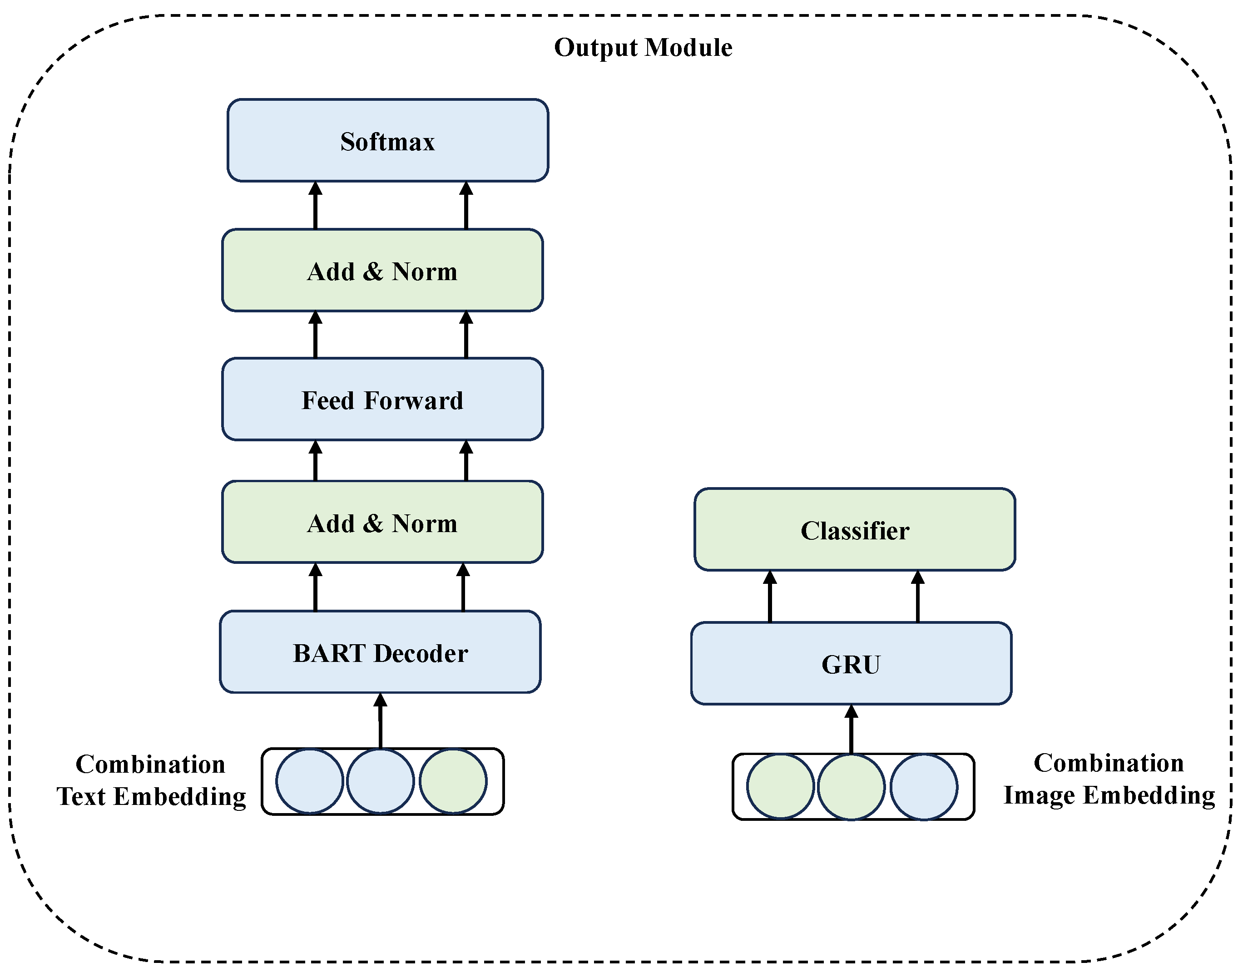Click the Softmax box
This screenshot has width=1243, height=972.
click(x=387, y=141)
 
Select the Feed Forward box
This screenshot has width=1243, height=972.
click(x=382, y=400)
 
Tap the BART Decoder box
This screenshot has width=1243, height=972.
click(x=380, y=652)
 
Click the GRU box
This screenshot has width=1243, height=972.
click(x=851, y=664)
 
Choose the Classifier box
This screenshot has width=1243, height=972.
click(x=854, y=530)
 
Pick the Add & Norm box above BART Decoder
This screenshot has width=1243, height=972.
click(x=382, y=523)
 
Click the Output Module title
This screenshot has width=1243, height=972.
click(x=643, y=47)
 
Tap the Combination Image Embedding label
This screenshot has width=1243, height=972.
click(x=1109, y=779)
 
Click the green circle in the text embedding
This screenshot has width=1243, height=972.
click(x=453, y=781)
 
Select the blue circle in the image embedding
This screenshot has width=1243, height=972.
click(x=924, y=787)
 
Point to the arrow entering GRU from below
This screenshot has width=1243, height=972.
click(x=851, y=730)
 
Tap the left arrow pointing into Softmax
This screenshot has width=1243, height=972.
click(x=315, y=206)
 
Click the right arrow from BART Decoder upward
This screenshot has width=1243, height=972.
click(x=463, y=587)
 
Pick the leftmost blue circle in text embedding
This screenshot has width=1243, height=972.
click(x=310, y=781)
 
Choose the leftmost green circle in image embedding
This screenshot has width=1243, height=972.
click(x=780, y=787)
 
